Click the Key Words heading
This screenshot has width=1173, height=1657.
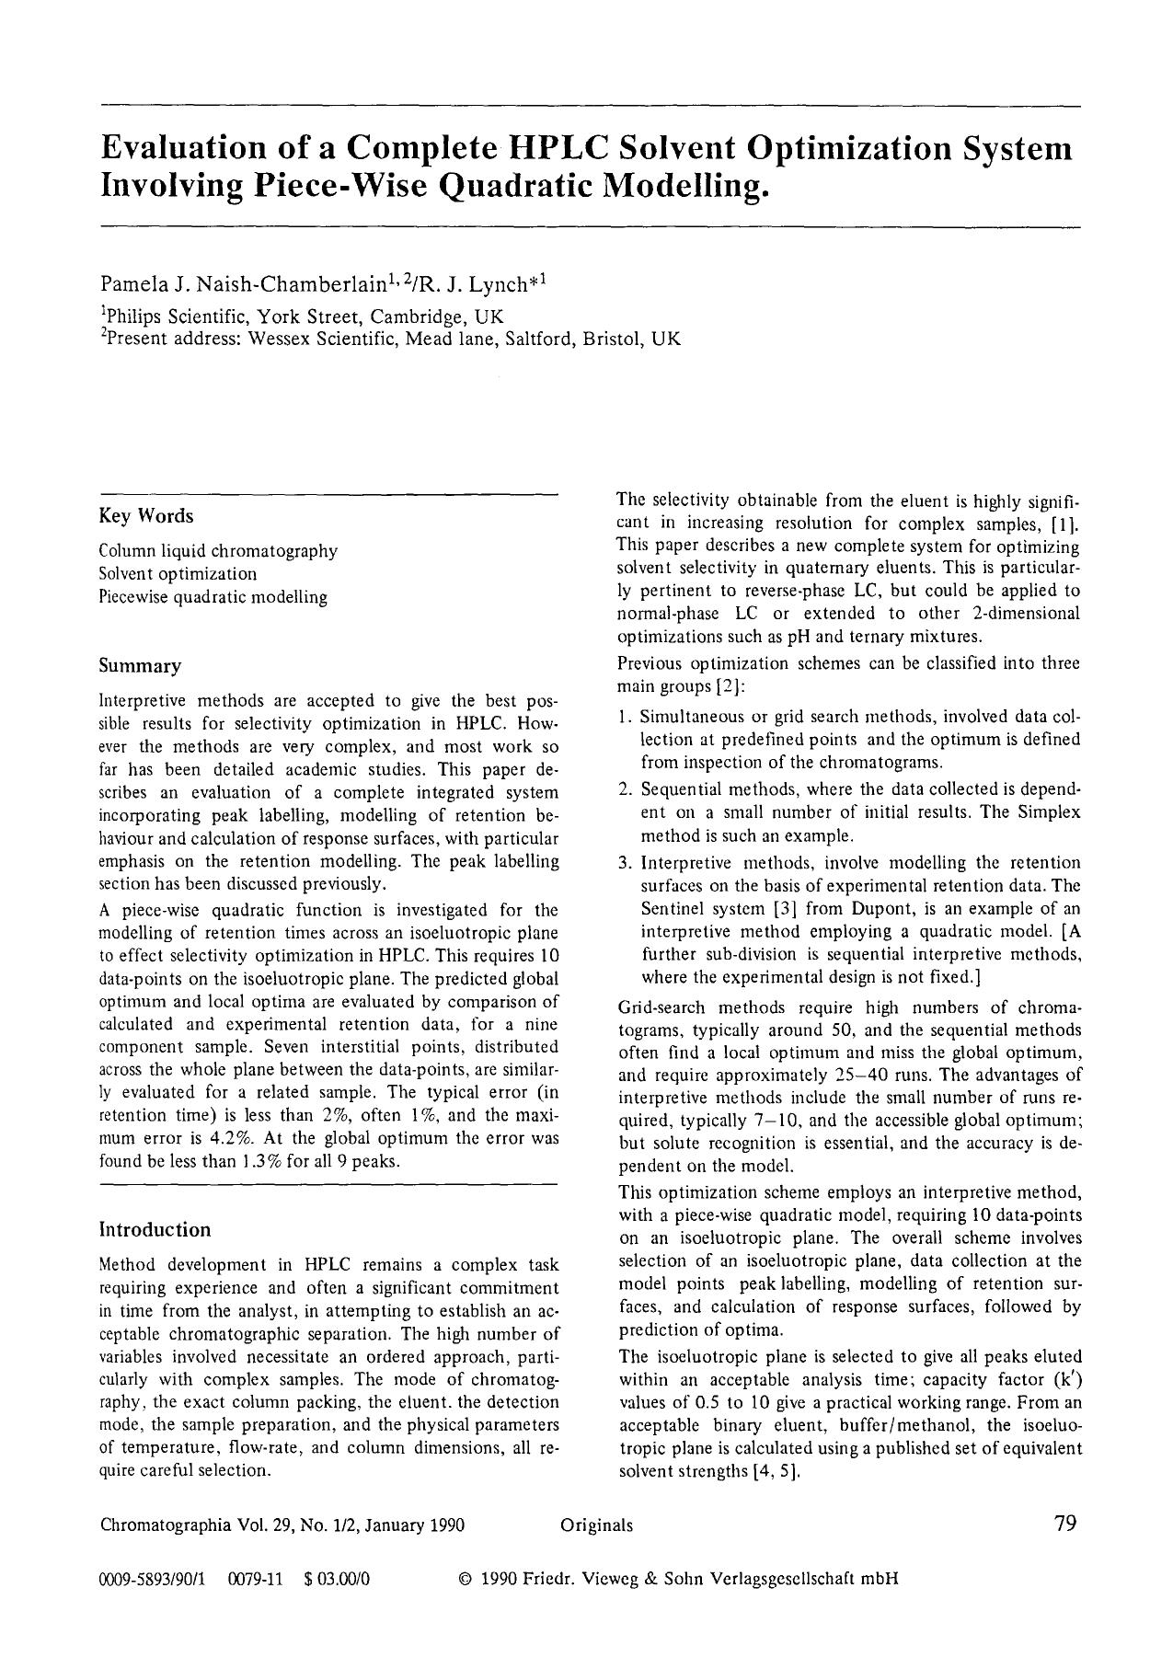click(x=146, y=516)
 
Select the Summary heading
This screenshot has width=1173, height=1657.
click(x=140, y=665)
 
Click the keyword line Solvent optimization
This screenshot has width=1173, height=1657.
click(x=178, y=574)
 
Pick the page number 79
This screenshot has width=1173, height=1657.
click(x=1064, y=1524)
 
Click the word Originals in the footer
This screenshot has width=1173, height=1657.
click(x=596, y=1525)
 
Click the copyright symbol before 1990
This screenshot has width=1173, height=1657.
click(x=465, y=1580)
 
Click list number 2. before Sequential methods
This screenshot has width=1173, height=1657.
click(x=624, y=789)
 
